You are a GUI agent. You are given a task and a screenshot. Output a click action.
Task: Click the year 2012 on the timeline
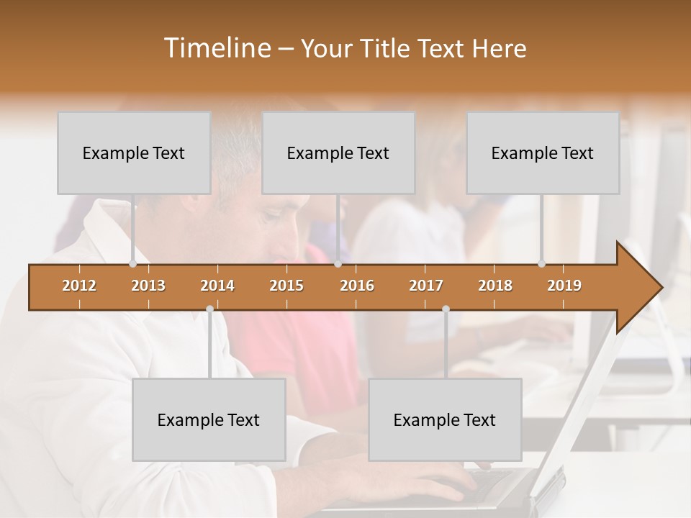coord(79,286)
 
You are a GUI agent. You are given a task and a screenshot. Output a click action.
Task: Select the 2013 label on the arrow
coord(148,286)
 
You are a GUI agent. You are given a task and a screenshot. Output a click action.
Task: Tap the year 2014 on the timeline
coord(217,286)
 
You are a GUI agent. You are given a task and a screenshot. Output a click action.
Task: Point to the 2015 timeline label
coord(286,286)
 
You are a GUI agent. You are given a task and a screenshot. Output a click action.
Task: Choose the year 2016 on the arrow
coord(357,286)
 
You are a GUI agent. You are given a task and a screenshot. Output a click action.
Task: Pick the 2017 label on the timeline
coord(426,286)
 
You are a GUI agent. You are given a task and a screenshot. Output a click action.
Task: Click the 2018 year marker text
coord(495,286)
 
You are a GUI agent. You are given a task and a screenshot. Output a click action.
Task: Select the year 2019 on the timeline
coord(564,286)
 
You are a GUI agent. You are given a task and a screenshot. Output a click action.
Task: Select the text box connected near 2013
coord(134,153)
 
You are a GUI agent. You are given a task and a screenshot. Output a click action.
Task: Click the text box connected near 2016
coord(338,153)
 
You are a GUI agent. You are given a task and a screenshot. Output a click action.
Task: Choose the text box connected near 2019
coord(543,153)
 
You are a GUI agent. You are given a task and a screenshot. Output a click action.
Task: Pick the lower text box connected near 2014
coord(209,419)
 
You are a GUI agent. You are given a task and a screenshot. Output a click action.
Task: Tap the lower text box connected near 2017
coord(445,419)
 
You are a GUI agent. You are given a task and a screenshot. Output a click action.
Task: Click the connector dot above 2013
coord(132,264)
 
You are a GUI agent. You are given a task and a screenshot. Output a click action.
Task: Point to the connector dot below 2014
coord(209,309)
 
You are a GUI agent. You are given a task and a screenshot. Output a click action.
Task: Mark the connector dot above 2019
coord(541,264)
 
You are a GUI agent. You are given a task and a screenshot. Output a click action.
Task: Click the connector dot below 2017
coord(446,309)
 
